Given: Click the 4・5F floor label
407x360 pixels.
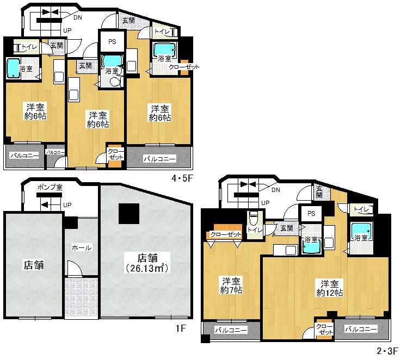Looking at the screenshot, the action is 182,178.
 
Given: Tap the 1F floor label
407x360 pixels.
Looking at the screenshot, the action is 181,328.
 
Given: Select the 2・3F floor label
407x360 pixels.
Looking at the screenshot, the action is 387,351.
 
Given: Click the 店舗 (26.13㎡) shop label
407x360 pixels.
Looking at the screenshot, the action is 147,263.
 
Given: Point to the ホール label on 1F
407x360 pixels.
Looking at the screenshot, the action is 82,247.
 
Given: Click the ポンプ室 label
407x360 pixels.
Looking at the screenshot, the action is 50,187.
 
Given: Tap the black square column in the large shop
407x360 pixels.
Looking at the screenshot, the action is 129,214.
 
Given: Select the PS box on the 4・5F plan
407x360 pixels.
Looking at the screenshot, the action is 112,41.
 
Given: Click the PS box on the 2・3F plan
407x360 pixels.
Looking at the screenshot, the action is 311,214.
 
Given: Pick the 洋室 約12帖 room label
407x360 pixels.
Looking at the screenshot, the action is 330,288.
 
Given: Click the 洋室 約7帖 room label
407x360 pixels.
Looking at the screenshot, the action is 231,285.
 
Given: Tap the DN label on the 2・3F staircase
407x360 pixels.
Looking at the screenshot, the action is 276,190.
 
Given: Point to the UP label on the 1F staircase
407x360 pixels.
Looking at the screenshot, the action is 67,205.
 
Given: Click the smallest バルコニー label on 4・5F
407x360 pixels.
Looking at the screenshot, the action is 55,152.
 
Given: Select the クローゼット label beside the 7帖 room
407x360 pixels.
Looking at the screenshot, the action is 226,234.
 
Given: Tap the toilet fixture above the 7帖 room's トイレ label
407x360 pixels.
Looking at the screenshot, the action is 253,218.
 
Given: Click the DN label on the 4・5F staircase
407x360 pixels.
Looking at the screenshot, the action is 78,17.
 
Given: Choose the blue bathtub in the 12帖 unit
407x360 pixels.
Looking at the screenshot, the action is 361,231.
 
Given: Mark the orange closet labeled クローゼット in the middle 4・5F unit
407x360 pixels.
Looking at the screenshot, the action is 115,155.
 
